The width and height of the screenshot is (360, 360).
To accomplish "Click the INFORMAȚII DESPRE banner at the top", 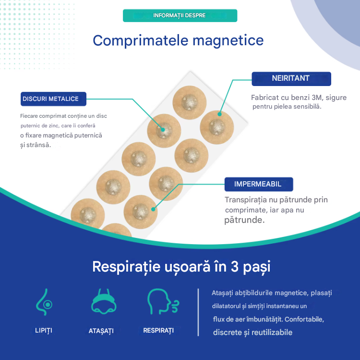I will pyautogui.click(x=180, y=15).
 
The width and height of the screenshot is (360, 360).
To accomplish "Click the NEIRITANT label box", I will pyautogui.click(x=291, y=78).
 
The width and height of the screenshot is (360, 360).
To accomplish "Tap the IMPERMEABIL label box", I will pyautogui.click(x=258, y=184).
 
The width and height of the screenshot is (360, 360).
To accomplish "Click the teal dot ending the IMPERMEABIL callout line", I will pyautogui.click(x=154, y=209).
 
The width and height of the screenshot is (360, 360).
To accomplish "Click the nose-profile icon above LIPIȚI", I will pyautogui.click(x=44, y=301).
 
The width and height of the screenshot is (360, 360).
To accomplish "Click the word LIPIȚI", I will pyautogui.click(x=44, y=331).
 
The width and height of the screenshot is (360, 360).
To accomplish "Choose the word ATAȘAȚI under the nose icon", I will pyautogui.click(x=101, y=331).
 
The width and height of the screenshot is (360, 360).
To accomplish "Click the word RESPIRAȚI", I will pyautogui.click(x=158, y=330).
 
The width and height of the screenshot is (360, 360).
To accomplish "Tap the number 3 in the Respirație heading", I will pyautogui.click(x=234, y=266).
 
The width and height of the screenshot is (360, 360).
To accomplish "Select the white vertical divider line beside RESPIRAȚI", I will pyautogui.click(x=198, y=312).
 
